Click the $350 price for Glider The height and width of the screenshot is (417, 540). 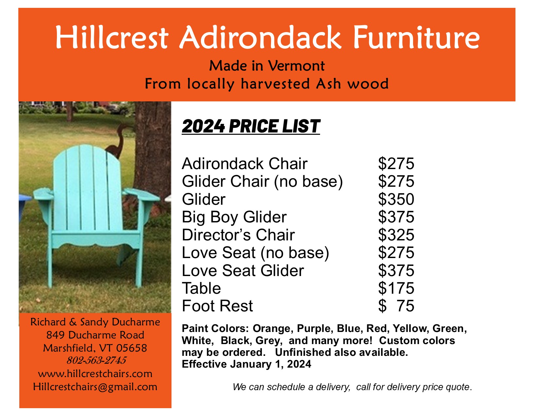click(x=396, y=199)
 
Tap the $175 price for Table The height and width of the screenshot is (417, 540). click(x=396, y=288)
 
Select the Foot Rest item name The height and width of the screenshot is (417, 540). click(x=217, y=306)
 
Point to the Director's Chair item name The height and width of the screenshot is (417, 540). click(x=238, y=235)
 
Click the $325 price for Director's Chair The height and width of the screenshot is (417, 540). click(x=396, y=235)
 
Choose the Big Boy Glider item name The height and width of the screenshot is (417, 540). click(x=234, y=217)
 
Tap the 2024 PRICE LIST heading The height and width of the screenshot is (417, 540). click(x=251, y=126)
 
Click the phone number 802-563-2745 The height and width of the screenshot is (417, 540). click(x=97, y=360)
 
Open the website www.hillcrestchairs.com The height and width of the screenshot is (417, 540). click(x=95, y=374)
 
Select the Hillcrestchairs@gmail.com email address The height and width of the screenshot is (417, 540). click(x=95, y=387)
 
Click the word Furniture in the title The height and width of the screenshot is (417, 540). click(x=416, y=38)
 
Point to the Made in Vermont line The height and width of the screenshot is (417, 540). click(x=267, y=66)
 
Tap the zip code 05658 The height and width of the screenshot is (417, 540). click(x=132, y=348)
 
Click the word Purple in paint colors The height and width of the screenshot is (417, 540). click(x=315, y=329)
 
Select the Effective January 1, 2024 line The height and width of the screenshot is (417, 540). click(x=246, y=364)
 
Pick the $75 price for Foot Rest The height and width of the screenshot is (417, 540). click(x=396, y=306)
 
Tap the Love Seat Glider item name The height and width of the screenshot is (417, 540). click(x=243, y=270)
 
